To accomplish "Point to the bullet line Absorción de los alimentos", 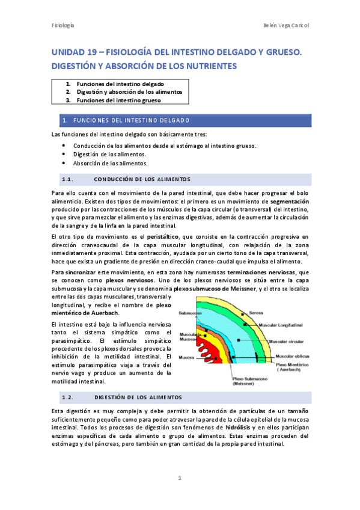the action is click(110, 162).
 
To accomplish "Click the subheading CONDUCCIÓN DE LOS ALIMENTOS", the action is click(142, 179).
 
